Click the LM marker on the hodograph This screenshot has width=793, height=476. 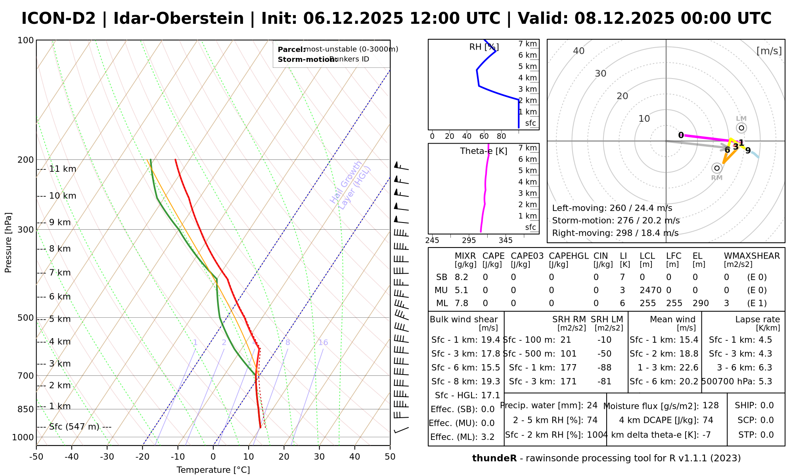pyautogui.click(x=741, y=128)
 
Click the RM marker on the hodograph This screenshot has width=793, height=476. pyautogui.click(x=716, y=168)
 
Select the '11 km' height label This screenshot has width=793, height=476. pyautogui.click(x=62, y=169)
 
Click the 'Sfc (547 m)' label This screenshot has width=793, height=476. pyautogui.click(x=74, y=427)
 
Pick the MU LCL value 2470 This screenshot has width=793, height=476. pyautogui.click(x=650, y=290)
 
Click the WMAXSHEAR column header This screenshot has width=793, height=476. pyautogui.click(x=752, y=256)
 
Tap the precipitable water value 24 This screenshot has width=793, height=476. pyautogui.click(x=592, y=405)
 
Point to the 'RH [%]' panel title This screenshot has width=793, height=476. pyautogui.click(x=484, y=47)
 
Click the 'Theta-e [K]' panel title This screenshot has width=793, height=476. pyautogui.click(x=483, y=151)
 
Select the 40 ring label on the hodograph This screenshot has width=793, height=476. pyautogui.click(x=579, y=51)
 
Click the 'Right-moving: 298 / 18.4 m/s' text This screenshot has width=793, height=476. pyautogui.click(x=615, y=233)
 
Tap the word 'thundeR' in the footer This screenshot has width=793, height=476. pyautogui.click(x=494, y=459)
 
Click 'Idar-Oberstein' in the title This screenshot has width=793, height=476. pyautogui.click(x=178, y=19)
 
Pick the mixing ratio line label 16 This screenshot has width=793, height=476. pyautogui.click(x=323, y=343)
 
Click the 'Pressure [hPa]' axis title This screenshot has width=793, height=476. pyautogui.click(x=8, y=242)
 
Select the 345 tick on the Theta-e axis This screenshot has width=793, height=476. pyautogui.click(x=506, y=240)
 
